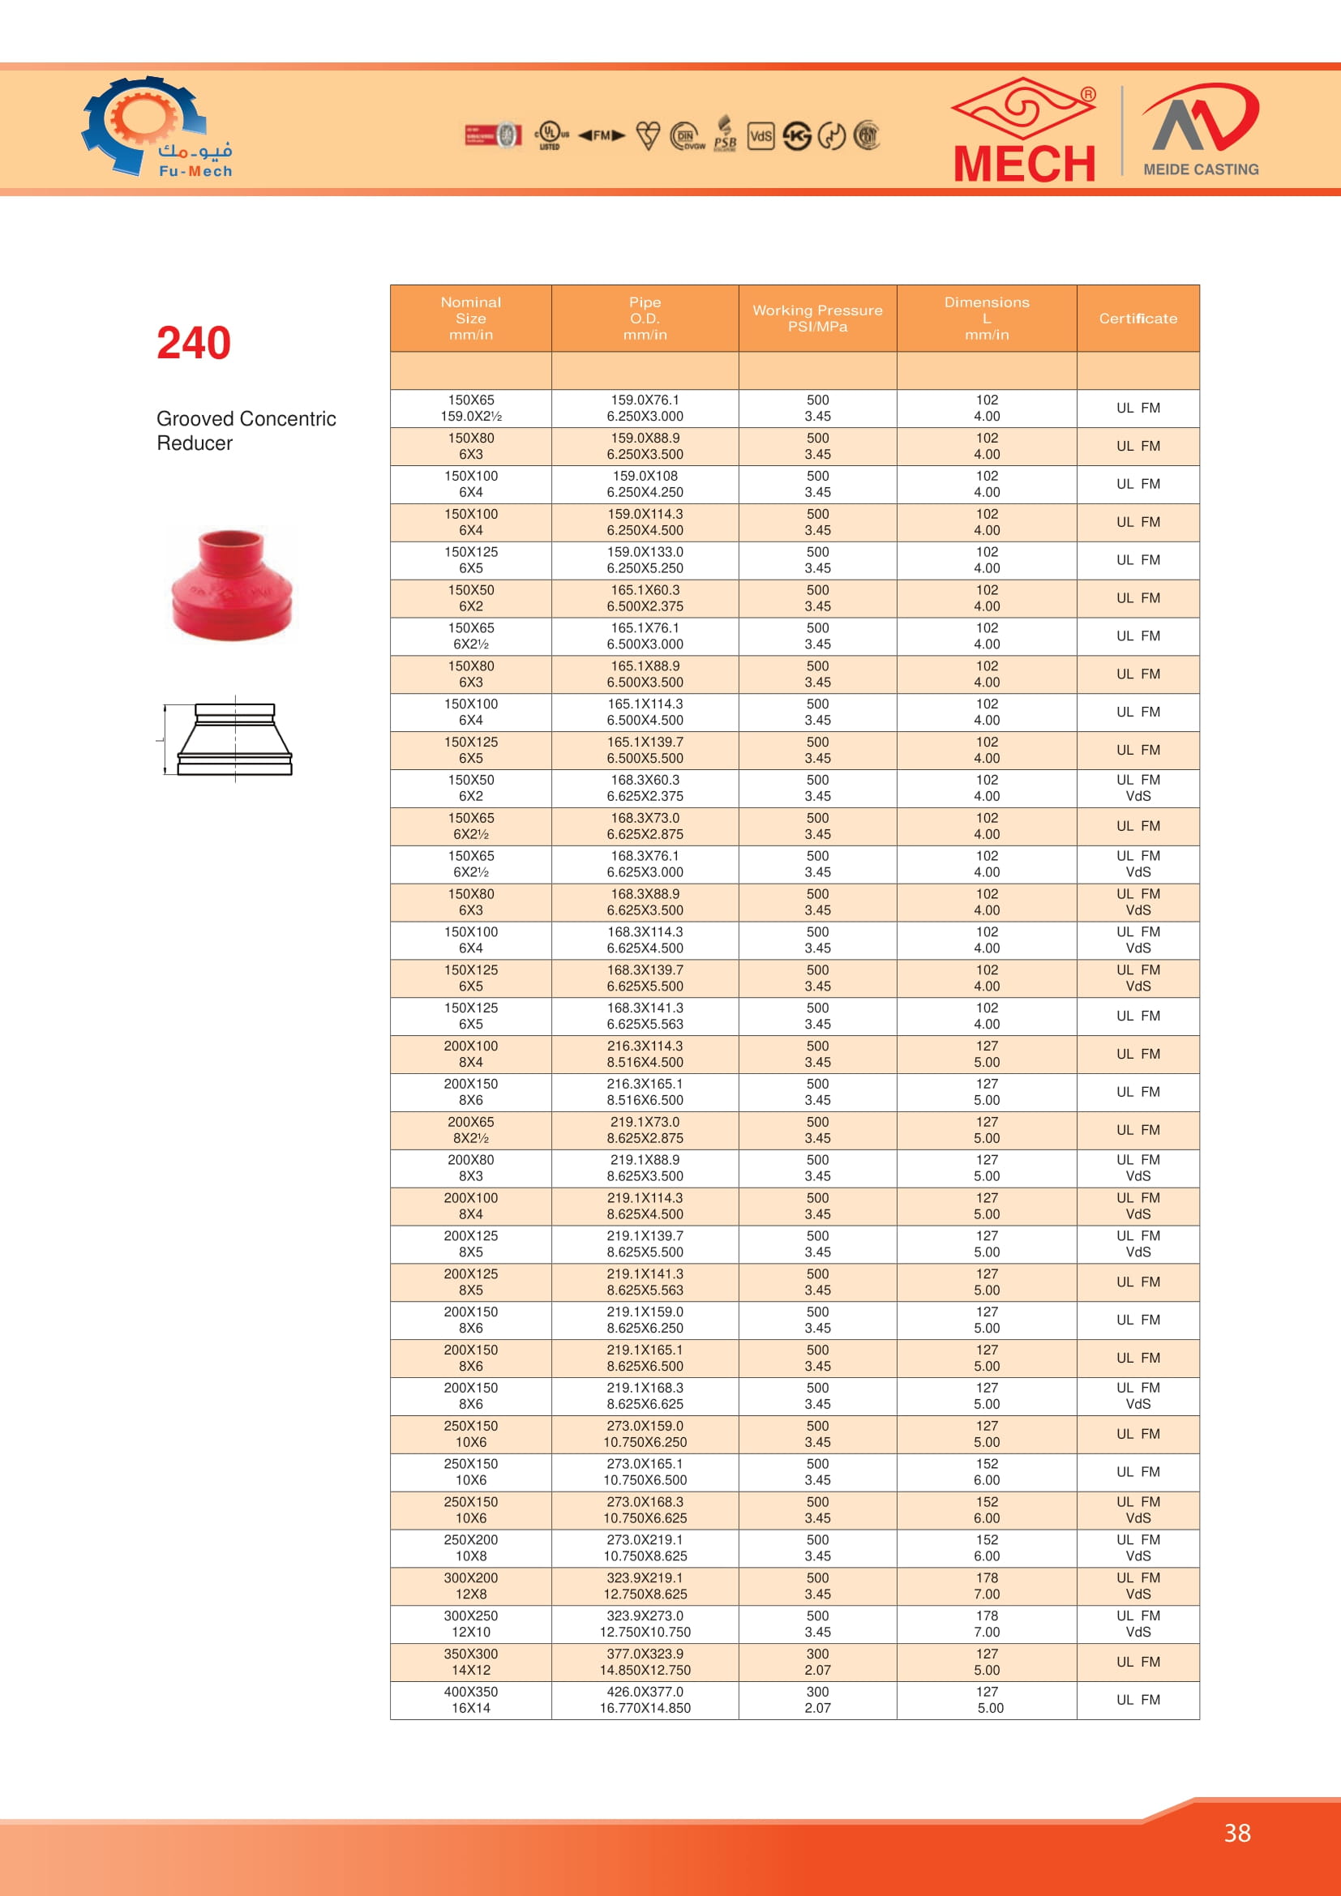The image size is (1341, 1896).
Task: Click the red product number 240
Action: (x=193, y=344)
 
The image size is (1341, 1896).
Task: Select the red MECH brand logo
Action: (x=1025, y=131)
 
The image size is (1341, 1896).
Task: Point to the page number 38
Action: (x=1236, y=1834)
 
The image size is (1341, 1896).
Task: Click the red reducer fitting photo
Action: (x=232, y=584)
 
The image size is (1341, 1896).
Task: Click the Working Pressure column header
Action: (x=817, y=319)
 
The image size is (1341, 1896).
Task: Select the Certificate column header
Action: (x=1137, y=319)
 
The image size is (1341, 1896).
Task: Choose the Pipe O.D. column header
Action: (x=644, y=319)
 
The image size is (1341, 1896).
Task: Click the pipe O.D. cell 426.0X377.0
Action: (x=644, y=1700)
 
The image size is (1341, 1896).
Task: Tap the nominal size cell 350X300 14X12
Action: (x=471, y=1662)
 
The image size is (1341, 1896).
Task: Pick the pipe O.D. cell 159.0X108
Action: (x=644, y=484)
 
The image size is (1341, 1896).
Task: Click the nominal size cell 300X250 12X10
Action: (x=471, y=1624)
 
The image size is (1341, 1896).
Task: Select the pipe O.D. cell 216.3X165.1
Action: (x=644, y=1092)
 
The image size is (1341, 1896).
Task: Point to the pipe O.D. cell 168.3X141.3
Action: (x=644, y=1016)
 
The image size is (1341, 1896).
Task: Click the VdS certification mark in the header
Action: (x=760, y=135)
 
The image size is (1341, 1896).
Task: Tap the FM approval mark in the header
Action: (x=601, y=135)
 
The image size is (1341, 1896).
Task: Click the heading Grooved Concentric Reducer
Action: (x=246, y=431)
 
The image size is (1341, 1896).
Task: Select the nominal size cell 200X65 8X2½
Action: (x=471, y=1130)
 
